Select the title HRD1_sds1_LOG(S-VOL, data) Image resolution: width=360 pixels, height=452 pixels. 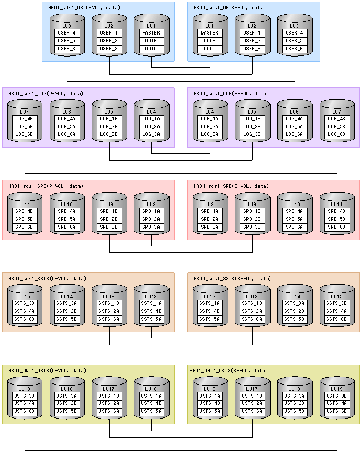[231, 94]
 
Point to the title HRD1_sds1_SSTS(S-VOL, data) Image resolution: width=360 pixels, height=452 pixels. [232, 279]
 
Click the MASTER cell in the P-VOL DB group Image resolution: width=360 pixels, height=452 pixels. [152, 33]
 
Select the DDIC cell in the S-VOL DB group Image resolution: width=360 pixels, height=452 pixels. [210, 49]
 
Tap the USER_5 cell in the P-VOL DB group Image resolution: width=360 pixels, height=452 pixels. [67, 41]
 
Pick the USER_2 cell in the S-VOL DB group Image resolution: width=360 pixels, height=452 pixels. [252, 41]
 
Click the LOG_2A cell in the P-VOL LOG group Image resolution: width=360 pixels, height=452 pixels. [152, 127]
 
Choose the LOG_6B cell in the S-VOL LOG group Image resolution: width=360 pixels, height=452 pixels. [337, 134]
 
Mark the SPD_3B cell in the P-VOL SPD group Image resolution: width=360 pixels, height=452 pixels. [109, 227]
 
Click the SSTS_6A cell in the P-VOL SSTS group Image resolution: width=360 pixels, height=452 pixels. [109, 319]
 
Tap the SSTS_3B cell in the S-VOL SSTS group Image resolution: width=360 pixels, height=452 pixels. [337, 303]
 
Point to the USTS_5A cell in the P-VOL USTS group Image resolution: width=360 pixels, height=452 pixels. [152, 411]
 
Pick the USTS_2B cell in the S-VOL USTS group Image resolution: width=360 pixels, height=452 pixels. [295, 403]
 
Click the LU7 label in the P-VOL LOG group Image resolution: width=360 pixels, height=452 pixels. [25, 111]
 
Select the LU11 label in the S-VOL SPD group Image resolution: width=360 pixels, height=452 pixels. [337, 204]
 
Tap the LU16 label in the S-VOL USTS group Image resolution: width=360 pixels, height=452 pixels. [210, 389]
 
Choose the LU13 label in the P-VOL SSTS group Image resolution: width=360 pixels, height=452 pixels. [109, 296]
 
